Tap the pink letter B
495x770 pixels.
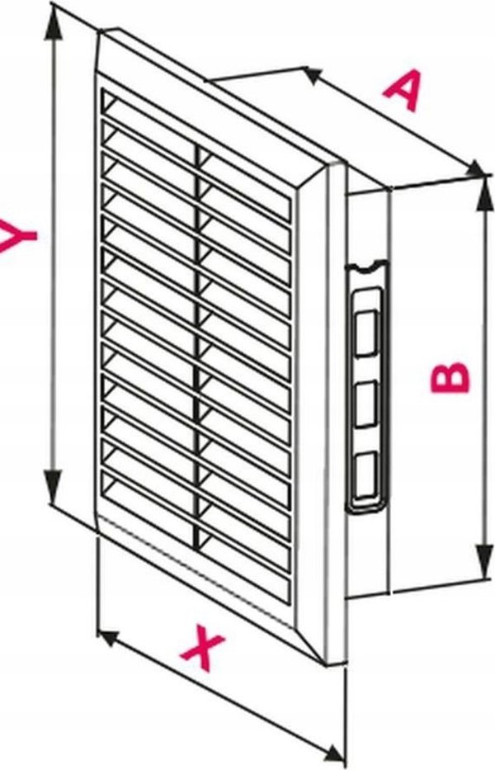coord(450,377)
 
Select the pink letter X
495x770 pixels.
coord(203,648)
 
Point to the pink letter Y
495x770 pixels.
coord(17,236)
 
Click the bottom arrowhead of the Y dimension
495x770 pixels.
coord(53,485)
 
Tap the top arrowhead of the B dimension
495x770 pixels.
coord(484,194)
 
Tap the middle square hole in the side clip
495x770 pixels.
coord(365,404)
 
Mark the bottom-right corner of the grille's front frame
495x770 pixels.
coord(326,664)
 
